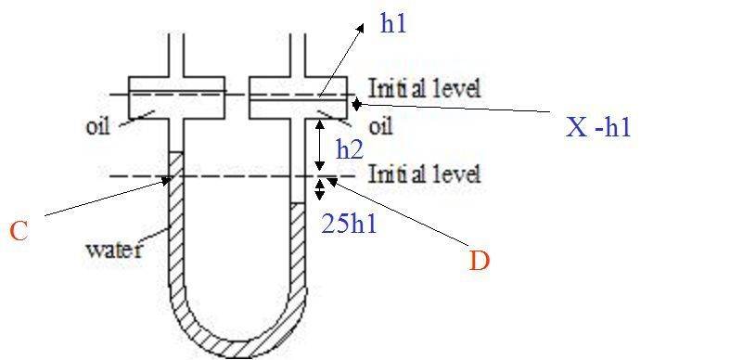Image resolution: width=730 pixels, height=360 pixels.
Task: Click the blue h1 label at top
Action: pyautogui.click(x=393, y=23)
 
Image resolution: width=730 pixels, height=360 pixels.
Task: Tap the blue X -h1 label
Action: pyautogui.click(x=598, y=126)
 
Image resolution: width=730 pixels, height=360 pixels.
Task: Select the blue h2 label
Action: pyautogui.click(x=349, y=149)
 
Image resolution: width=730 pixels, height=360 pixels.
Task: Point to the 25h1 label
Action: pyautogui.click(x=349, y=225)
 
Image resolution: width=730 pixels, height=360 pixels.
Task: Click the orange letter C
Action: pyautogui.click(x=19, y=231)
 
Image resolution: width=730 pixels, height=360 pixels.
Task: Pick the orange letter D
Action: pyautogui.click(x=479, y=262)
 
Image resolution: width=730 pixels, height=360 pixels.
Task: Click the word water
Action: pyautogui.click(x=113, y=250)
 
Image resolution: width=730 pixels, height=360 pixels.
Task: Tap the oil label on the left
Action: pyautogui.click(x=97, y=127)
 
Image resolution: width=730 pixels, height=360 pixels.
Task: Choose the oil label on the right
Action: pyautogui.click(x=380, y=126)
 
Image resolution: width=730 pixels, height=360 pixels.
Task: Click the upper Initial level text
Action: pyautogui.click(x=424, y=87)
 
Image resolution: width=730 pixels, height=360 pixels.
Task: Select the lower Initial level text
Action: pyautogui.click(x=424, y=174)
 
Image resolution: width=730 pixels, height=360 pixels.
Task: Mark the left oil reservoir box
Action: pyautogui.click(x=176, y=97)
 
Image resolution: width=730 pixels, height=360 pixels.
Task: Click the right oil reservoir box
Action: pyautogui.click(x=299, y=97)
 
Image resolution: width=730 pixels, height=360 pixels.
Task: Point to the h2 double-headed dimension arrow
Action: pyautogui.click(x=319, y=145)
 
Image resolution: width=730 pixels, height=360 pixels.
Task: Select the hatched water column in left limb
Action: pyautogui.click(x=175, y=219)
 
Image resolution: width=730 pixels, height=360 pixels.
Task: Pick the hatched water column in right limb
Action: pyautogui.click(x=298, y=246)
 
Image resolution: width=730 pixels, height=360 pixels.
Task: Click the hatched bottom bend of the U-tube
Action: pyautogui.click(x=238, y=326)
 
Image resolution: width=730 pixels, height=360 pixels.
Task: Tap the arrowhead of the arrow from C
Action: pyautogui.click(x=166, y=181)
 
